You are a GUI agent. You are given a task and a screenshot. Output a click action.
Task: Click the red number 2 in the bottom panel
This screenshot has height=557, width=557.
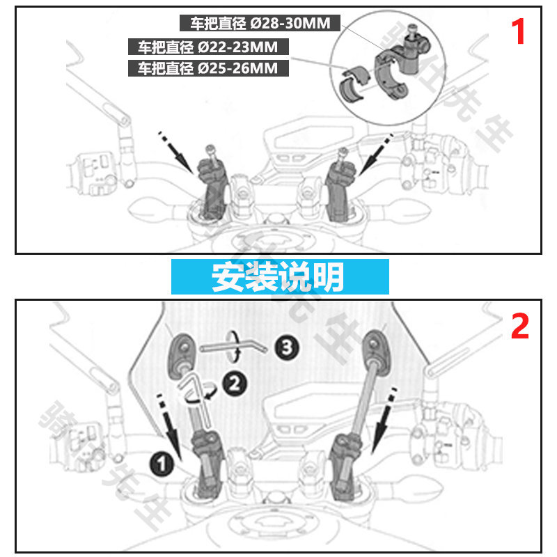tap(519, 326)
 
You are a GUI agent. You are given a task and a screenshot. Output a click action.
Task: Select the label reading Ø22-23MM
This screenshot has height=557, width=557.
tap(208, 47)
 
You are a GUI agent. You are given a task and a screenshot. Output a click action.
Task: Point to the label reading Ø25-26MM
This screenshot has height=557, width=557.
tap(208, 68)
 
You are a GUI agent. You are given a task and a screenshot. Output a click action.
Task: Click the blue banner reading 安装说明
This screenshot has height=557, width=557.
tap(278, 277)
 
